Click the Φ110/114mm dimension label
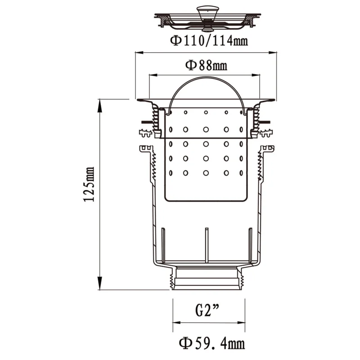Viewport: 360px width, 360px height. point(208,41)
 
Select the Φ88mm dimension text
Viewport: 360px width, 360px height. point(206,66)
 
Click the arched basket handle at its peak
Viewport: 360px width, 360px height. point(206,77)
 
